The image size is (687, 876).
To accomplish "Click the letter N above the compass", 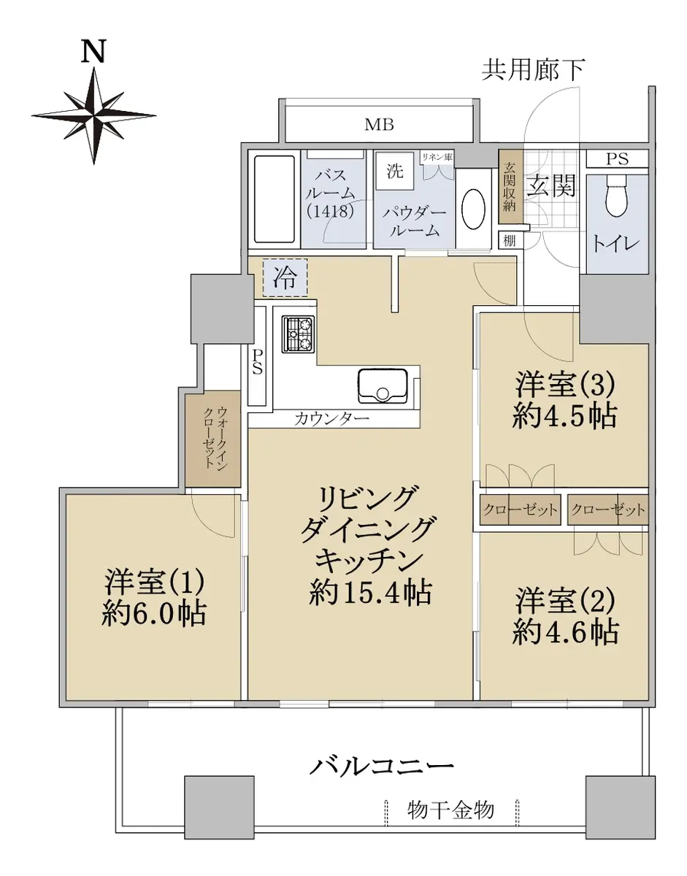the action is coord(93,51).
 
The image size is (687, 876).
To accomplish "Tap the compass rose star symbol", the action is coord(94,116).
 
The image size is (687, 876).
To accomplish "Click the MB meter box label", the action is coord(379,125).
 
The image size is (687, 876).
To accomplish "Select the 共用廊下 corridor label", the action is coord(534,70).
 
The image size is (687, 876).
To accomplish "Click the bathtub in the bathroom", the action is coord(275,199).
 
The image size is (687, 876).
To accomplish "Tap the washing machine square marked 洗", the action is coord(395,171).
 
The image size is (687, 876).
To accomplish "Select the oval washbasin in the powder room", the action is coord(473,209).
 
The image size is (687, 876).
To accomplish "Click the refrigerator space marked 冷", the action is coord(285,277).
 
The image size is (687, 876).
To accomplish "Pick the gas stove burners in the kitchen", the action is coord(299,334).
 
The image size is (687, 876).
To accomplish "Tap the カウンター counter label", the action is coord(331,420).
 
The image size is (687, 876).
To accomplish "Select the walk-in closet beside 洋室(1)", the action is coord(213,439).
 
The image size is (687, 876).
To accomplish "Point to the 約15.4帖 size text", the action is coord(370,592).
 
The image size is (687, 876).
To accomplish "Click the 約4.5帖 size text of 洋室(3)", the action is coord(564,416).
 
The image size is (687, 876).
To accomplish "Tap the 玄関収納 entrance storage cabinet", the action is coord(511,187).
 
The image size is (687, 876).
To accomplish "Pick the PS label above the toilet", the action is coord(617,159).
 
